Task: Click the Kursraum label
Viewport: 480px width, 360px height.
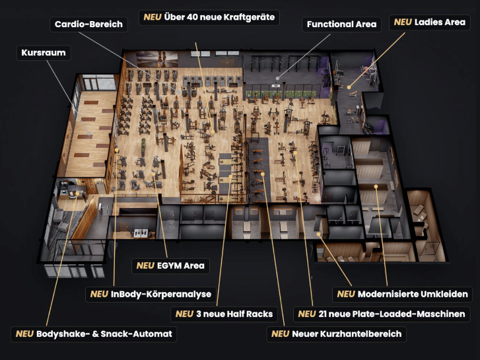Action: [x=44, y=53]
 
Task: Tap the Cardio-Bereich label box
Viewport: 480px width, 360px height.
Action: [x=88, y=24]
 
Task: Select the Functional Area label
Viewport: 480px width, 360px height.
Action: [x=341, y=24]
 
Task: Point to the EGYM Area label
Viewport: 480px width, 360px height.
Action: [x=170, y=266]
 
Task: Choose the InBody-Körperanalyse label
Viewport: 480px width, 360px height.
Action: [x=151, y=294]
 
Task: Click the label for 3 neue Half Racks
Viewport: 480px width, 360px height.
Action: [x=224, y=314]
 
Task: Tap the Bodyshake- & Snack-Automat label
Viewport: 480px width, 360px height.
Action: [x=94, y=334]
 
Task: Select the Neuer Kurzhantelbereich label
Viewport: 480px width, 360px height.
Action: [x=337, y=334]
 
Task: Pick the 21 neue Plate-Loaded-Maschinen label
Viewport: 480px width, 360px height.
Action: [x=382, y=314]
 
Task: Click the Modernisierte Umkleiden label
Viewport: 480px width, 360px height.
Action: [x=402, y=294]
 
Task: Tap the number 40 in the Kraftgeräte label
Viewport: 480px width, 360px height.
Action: [x=192, y=17]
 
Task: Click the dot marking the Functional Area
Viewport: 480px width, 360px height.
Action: [x=277, y=79]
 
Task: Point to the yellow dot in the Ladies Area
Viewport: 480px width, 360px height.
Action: [x=349, y=88]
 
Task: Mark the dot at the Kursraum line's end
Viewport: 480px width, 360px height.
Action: [x=89, y=133]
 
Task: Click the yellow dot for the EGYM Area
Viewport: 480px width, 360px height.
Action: [x=153, y=174]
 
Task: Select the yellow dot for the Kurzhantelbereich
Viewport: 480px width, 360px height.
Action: [x=263, y=174]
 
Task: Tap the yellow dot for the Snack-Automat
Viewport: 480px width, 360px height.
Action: [x=77, y=194]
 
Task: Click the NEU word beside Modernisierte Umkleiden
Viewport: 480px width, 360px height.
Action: [x=346, y=294]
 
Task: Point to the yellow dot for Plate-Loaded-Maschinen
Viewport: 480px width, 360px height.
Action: [x=295, y=153]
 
